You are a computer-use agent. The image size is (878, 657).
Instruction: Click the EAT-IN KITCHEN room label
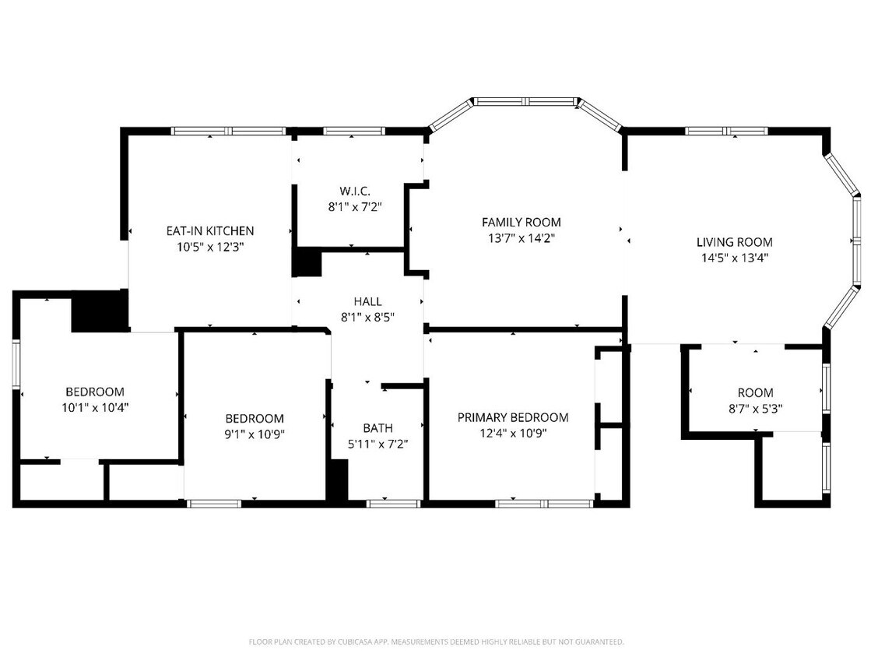pyautogui.click(x=209, y=230)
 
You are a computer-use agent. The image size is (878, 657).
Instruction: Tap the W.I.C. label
pyautogui.click(x=354, y=191)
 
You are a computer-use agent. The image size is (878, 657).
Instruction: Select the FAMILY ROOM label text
pyautogui.click(x=521, y=223)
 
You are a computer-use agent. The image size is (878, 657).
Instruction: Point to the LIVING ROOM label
pyautogui.click(x=734, y=242)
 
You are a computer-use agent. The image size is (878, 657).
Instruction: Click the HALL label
pyautogui.click(x=367, y=301)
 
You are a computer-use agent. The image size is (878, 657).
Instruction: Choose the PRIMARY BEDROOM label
pyautogui.click(x=512, y=418)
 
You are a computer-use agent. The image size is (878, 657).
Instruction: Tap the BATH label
pyautogui.click(x=378, y=428)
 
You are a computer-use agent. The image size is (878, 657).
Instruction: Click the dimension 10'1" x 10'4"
pyautogui.click(x=94, y=407)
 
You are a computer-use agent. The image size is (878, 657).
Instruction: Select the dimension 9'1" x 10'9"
pyautogui.click(x=255, y=434)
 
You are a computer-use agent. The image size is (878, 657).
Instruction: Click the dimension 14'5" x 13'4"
pyautogui.click(x=734, y=258)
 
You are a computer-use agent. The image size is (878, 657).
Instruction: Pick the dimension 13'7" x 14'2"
pyautogui.click(x=521, y=238)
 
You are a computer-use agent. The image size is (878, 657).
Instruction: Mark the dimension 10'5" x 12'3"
pyautogui.click(x=209, y=247)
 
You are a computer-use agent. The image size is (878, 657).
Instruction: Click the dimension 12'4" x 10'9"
pyautogui.click(x=512, y=434)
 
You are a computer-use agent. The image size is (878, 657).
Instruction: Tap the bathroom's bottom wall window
pyautogui.click(x=393, y=504)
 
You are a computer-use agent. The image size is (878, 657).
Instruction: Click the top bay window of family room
pyautogui.click(x=526, y=101)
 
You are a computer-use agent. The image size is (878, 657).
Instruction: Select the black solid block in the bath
pyautogui.click(x=337, y=480)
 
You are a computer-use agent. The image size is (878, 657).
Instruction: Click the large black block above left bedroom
pyautogui.click(x=99, y=311)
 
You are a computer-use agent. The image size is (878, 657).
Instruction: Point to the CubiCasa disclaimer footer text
pyautogui.click(x=436, y=642)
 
